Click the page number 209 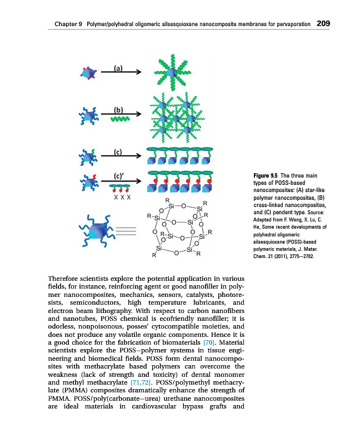point(323,24)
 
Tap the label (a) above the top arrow point(118,68)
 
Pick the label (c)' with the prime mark point(119,175)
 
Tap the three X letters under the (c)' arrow point(121,196)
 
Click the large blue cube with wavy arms point(100,229)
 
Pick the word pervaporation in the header point(289,24)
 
